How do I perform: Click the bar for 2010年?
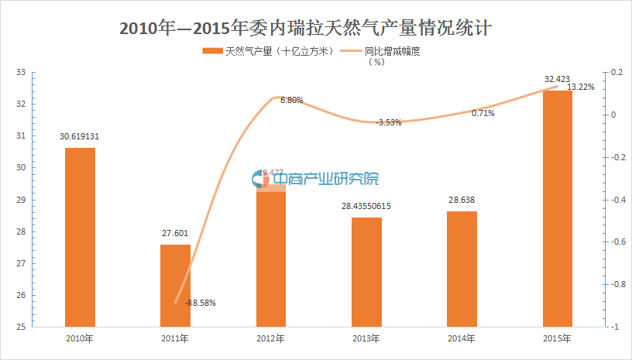tap(80, 237)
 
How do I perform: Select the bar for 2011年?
tap(175, 286)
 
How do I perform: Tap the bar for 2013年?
tap(366, 272)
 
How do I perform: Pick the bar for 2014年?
tap(462, 269)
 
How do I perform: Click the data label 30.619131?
tap(80, 136)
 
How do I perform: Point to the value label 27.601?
tap(175, 234)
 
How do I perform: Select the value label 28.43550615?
tap(366, 207)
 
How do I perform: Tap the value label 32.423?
tap(557, 79)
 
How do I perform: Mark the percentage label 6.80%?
tap(292, 100)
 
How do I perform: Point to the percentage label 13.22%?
tap(581, 87)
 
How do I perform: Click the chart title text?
tap(316, 28)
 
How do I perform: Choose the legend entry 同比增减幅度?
tap(391, 52)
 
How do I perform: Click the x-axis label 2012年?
tap(271, 339)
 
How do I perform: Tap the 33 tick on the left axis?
tap(21, 73)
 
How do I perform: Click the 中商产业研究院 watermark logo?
tap(316, 179)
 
